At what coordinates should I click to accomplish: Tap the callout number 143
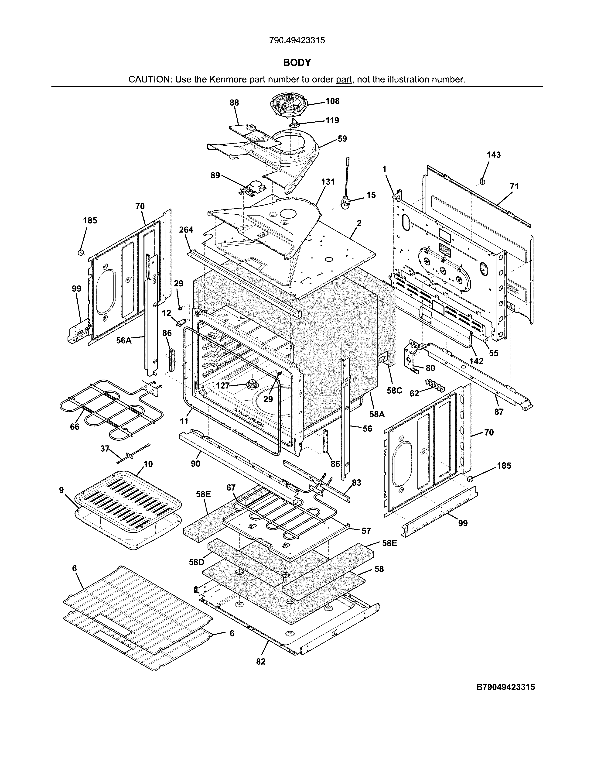point(494,155)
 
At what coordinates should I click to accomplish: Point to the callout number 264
point(186,230)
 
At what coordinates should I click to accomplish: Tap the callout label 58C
point(394,391)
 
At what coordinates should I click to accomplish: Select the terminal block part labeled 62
point(435,385)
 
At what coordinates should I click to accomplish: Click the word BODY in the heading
point(297,63)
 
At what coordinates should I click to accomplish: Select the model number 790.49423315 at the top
point(297,41)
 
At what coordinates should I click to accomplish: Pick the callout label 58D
point(196,562)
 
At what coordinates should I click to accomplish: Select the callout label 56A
point(124,340)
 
